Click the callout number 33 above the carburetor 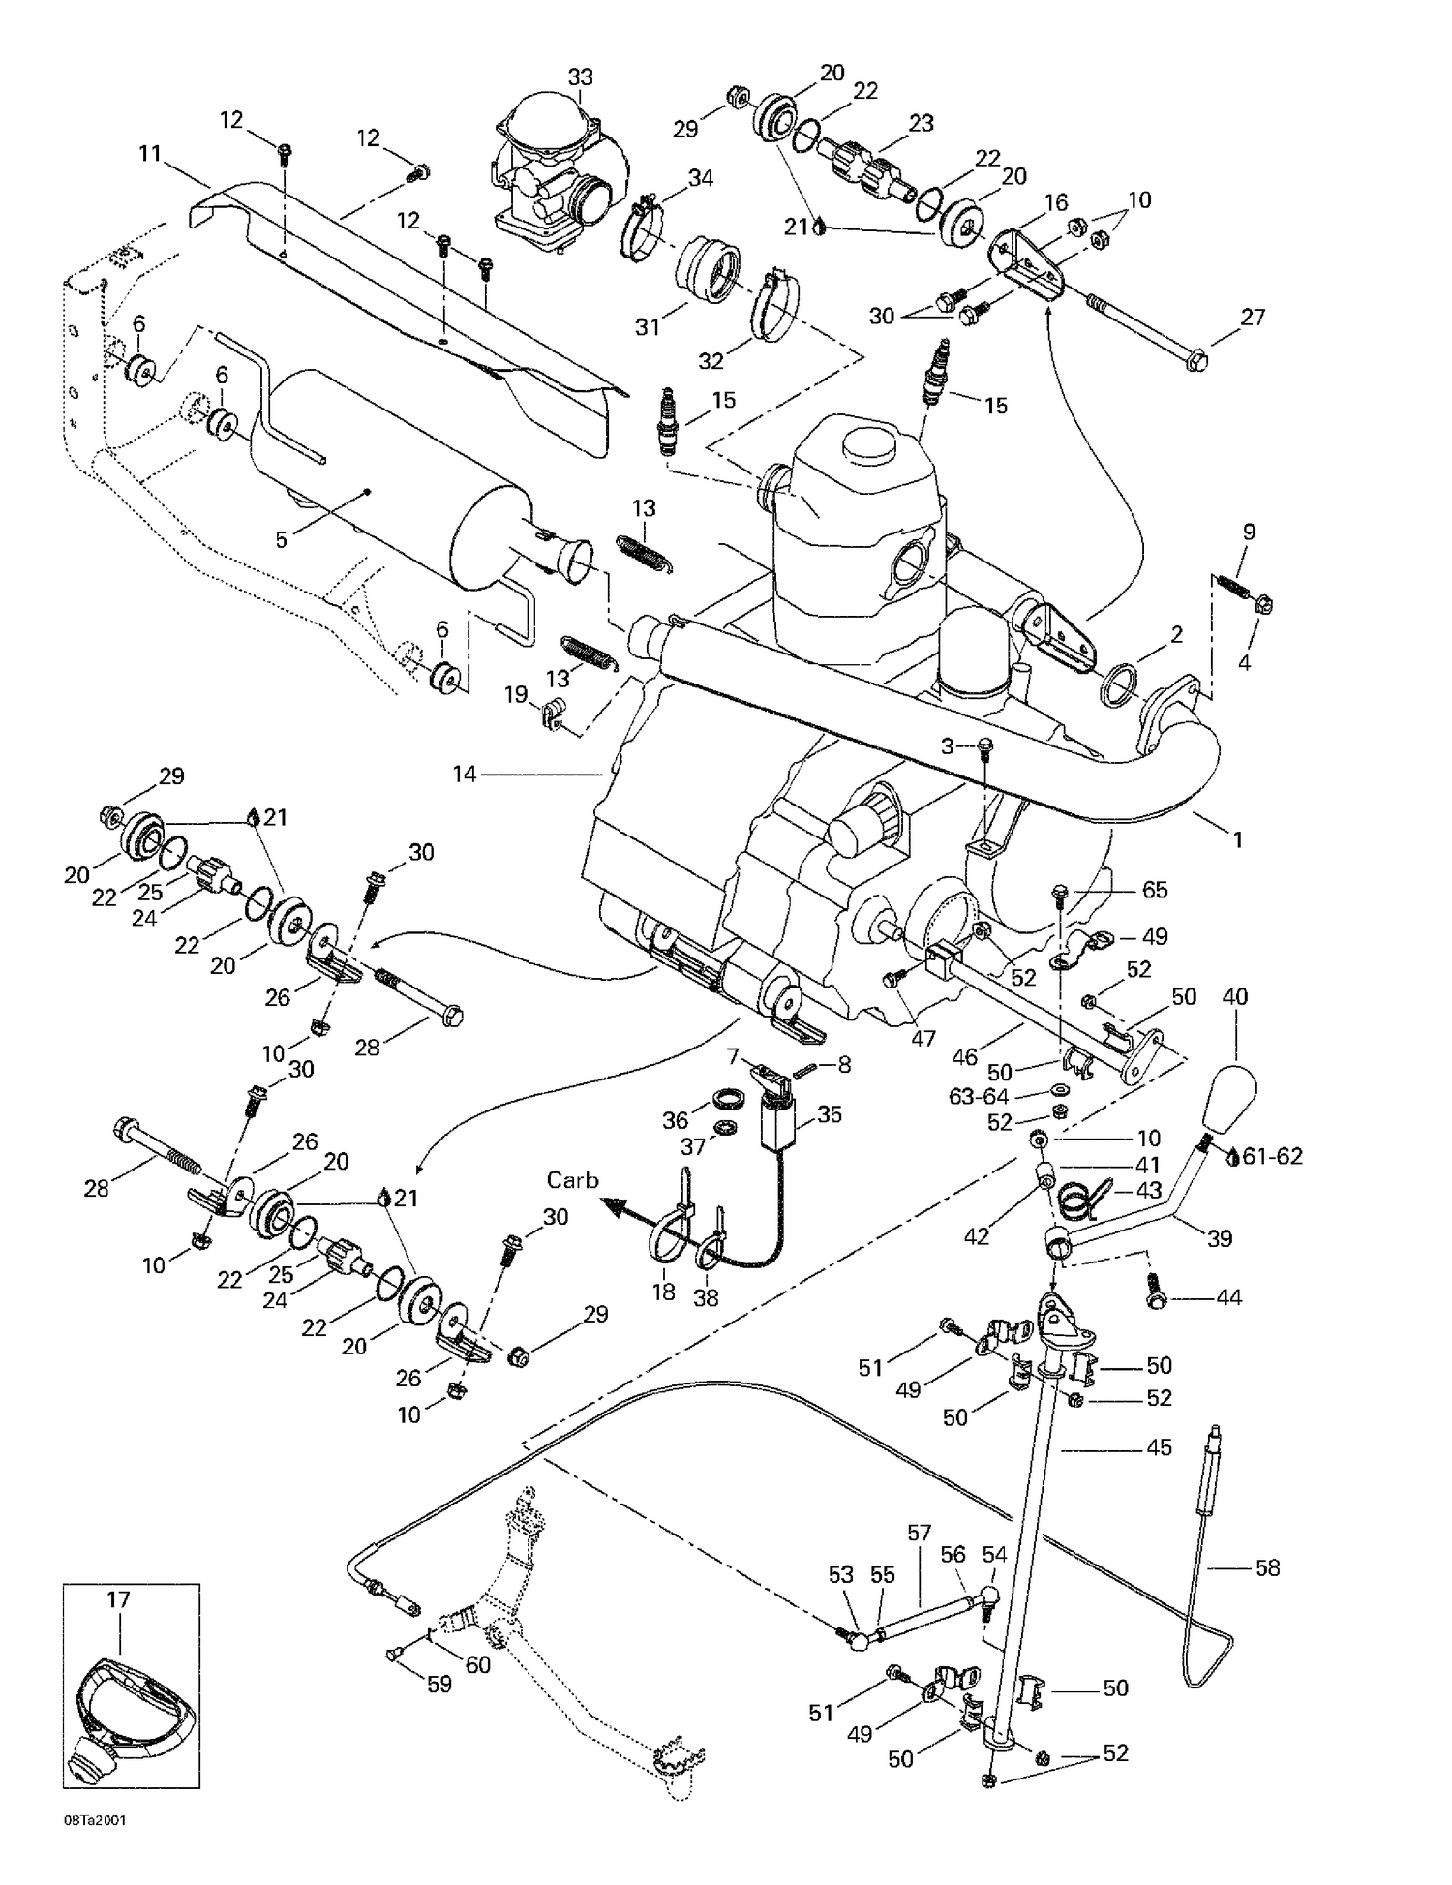tap(580, 76)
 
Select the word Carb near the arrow tap(572, 1180)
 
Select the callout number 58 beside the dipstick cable tap(1267, 1566)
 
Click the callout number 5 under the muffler tap(282, 539)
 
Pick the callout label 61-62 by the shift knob tap(1272, 1156)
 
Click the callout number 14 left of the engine tap(465, 774)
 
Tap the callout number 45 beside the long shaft tap(1159, 1446)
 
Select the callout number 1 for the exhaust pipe tap(1236, 839)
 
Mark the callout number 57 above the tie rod tap(919, 1533)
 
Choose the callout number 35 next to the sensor tap(830, 1113)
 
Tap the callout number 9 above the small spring tap(1249, 532)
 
